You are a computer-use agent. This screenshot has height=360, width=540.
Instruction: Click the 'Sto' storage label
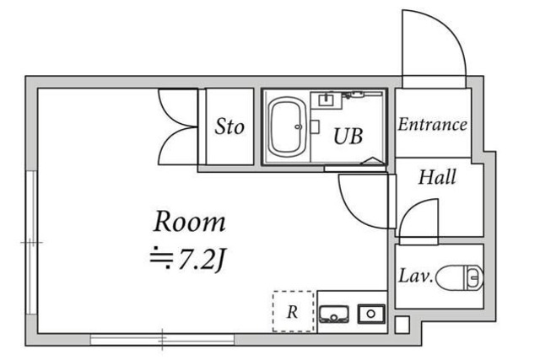[229, 127]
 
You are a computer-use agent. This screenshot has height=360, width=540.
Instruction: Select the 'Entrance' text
[432, 126]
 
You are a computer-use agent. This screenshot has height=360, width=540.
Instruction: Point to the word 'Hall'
[437, 177]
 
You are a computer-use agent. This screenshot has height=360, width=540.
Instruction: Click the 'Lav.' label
[416, 276]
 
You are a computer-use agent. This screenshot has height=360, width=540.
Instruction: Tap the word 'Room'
[189, 223]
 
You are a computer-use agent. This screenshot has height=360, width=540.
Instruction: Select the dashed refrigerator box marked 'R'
[292, 311]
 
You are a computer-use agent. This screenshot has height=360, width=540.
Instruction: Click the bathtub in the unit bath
[288, 128]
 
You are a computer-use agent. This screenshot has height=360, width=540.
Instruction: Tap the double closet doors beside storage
[177, 126]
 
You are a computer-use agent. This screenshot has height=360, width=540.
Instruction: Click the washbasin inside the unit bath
[326, 101]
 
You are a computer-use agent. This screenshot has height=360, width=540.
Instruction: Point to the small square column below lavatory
[401, 323]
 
